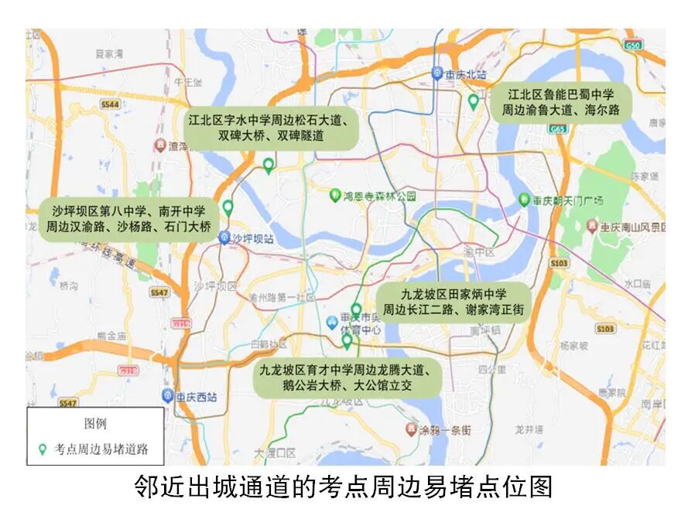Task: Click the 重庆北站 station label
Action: (x=465, y=75)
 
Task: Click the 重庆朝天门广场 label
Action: (x=566, y=200)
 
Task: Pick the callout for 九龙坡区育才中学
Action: (x=348, y=377)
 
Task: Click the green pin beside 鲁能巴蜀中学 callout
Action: (x=474, y=101)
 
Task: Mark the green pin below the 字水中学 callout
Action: (x=269, y=165)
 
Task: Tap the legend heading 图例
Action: (x=95, y=423)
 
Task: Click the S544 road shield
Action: (x=110, y=104)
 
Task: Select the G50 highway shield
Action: (x=634, y=46)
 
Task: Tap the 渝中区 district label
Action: (x=479, y=252)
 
